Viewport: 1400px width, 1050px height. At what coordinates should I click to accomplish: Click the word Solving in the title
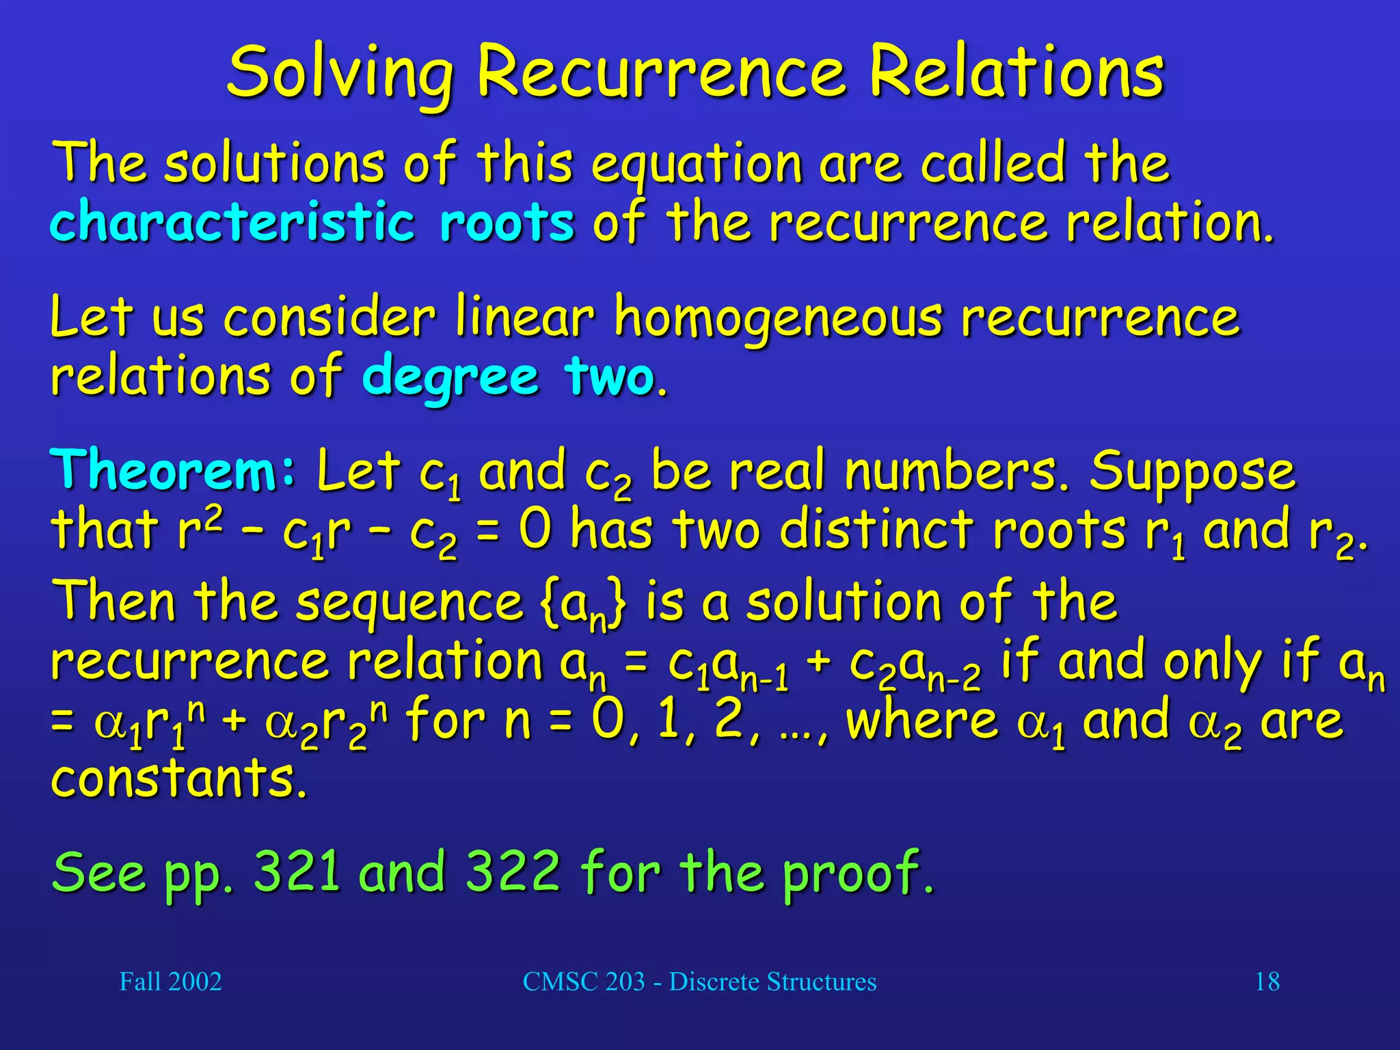[340, 72]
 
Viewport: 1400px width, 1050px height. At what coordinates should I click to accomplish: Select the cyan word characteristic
[232, 222]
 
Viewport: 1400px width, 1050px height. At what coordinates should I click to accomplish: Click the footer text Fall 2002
[171, 982]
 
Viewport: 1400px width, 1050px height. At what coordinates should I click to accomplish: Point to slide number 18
[1267, 982]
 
